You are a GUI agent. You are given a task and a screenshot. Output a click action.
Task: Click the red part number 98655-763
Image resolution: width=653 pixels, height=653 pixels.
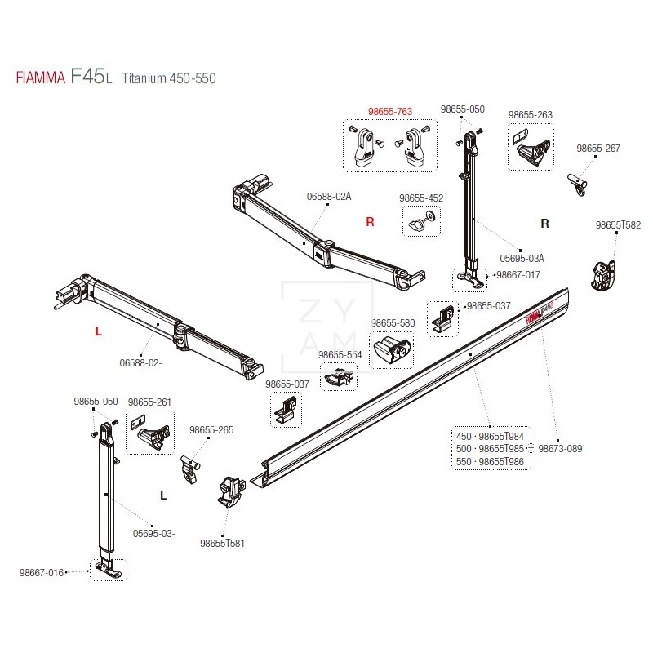click(389, 111)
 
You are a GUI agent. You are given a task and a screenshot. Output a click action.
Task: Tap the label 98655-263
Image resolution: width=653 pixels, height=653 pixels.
click(530, 115)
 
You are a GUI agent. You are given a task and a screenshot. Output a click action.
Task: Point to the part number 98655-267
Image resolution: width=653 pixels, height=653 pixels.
click(598, 149)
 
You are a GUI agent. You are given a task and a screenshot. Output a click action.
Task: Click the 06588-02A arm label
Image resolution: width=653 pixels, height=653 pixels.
click(329, 197)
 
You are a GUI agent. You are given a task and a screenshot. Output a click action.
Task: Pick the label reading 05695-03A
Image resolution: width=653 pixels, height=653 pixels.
click(522, 258)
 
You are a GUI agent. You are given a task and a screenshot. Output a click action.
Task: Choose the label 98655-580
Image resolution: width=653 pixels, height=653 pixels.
click(393, 323)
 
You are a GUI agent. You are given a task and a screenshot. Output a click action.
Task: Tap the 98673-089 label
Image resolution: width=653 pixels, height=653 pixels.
click(559, 448)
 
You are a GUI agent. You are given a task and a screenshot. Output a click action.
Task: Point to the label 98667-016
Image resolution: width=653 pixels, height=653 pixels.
click(42, 572)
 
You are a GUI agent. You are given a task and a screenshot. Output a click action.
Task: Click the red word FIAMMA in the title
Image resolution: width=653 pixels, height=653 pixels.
click(39, 78)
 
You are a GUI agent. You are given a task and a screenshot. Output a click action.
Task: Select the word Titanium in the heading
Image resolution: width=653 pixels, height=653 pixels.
click(144, 78)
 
